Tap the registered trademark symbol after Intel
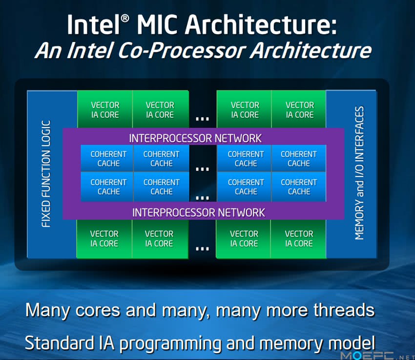coord(125,19)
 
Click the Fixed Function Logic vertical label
coord(46,174)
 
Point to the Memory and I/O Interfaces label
coord(359,173)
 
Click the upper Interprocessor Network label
coord(195,138)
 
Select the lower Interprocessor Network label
coord(199,212)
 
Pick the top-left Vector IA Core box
coord(105,109)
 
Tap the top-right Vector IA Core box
coord(299,109)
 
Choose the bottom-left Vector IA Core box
coord(104,239)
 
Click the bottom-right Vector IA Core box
coord(298,239)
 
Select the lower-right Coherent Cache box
coord(299,187)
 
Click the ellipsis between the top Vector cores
coord(203,119)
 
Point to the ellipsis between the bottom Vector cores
coord(203,249)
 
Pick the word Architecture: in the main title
coord(261,24)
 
